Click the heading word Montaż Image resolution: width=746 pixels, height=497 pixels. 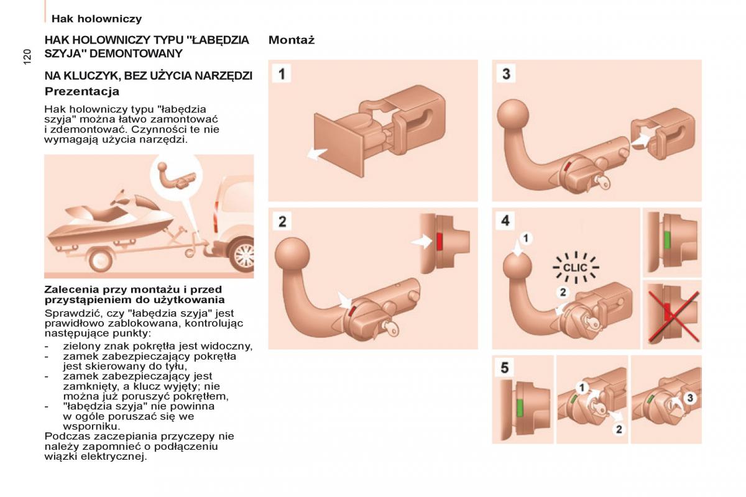pos(292,40)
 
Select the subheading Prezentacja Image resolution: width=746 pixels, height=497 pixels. pos(82,91)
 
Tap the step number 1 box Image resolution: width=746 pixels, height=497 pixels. pos(283,74)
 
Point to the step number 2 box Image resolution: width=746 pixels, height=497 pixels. pos(283,222)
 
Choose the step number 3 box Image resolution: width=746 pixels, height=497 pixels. pos(506,74)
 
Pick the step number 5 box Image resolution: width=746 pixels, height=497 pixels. pos(505,368)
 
